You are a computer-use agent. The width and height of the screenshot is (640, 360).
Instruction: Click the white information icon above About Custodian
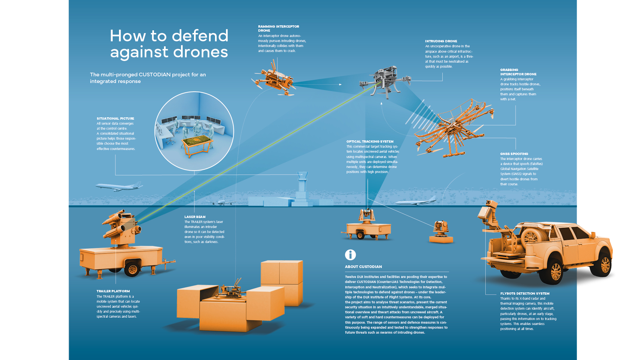pyautogui.click(x=350, y=255)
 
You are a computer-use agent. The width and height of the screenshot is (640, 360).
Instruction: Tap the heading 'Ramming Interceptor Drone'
pyautogui.click(x=278, y=28)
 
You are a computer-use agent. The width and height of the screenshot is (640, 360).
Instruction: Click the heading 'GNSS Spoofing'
pyautogui.click(x=514, y=154)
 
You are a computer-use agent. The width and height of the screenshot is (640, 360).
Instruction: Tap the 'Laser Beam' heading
pyautogui.click(x=195, y=217)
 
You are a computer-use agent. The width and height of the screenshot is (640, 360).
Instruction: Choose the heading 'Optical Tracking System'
pyautogui.click(x=370, y=142)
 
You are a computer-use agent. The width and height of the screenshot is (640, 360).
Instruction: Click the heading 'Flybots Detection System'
pyautogui.click(x=525, y=294)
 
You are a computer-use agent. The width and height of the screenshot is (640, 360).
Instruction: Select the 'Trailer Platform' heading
pyautogui.click(x=113, y=291)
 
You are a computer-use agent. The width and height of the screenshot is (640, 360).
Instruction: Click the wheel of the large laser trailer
pyautogui.click(x=133, y=269)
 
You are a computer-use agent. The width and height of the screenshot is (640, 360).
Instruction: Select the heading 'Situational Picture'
pyautogui.click(x=115, y=119)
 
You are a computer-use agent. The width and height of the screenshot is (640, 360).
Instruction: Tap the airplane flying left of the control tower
pyautogui.click(x=119, y=186)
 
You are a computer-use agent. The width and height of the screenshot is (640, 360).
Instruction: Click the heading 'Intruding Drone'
pyautogui.click(x=441, y=41)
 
